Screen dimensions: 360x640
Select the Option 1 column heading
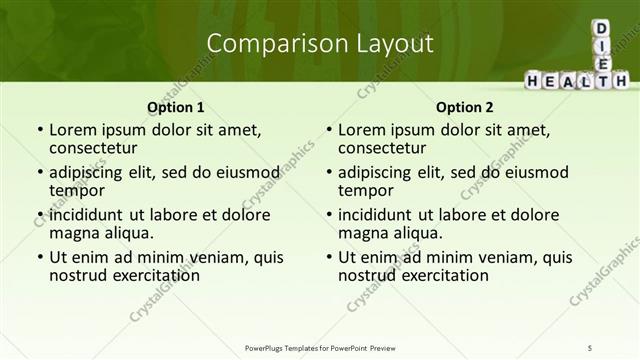click(176, 107)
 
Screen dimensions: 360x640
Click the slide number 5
click(590, 347)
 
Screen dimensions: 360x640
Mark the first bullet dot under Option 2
click(328, 130)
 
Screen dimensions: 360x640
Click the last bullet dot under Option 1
click(39, 257)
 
